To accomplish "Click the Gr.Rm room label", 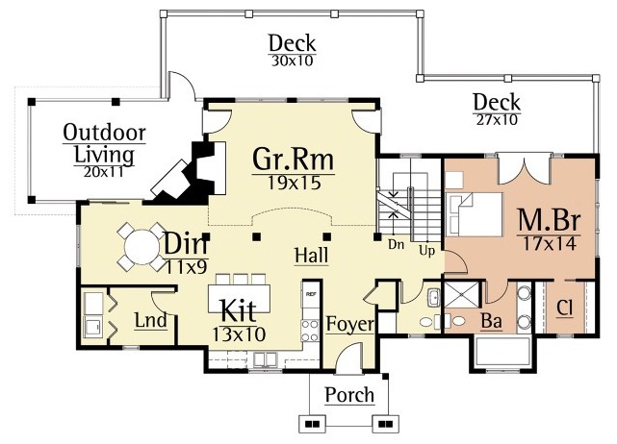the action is point(294,159).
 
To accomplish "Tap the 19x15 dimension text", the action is point(294,183).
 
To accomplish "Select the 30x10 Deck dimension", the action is point(292,61).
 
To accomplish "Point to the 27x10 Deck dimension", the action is point(497,119).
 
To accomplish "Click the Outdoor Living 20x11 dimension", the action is point(104,172).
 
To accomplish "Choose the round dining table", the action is point(141,247).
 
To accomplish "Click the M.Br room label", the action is point(549,220).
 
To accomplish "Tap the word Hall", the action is point(311,255).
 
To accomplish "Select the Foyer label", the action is point(349,325).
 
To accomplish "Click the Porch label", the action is point(349,394).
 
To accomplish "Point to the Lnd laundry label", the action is point(151,320).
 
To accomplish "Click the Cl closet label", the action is point(564,308).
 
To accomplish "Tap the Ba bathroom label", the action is point(492,321).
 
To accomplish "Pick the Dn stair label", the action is point(396,244).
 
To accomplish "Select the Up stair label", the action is point(426,250).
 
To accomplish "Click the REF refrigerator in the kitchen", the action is point(311,293).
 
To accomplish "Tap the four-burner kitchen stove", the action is point(310,331).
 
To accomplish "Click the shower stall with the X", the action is point(462,296).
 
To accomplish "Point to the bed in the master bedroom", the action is point(474,214).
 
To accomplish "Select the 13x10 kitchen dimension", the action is point(239,334).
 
